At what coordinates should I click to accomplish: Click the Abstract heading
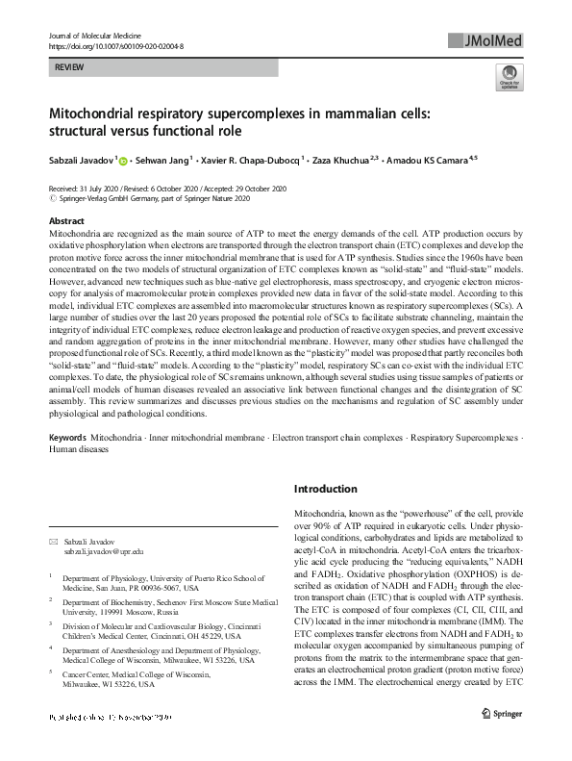point(66,221)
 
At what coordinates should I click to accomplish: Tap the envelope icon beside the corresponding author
point(53,541)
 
